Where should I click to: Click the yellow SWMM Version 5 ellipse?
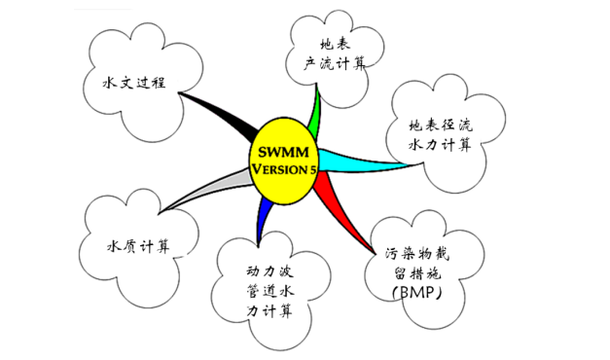point(283,162)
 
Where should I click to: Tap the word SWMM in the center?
point(283,152)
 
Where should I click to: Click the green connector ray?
point(313,113)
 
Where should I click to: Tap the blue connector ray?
point(264,220)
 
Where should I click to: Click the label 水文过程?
point(134,83)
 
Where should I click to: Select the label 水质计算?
point(138,246)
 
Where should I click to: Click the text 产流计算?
point(335,63)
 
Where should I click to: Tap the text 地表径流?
point(441,125)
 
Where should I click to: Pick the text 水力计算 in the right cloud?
point(440,145)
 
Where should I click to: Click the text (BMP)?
point(417,292)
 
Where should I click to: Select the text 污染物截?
point(417,254)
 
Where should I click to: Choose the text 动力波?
point(269,271)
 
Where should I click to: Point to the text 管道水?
point(269,291)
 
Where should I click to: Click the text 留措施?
point(417,273)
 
